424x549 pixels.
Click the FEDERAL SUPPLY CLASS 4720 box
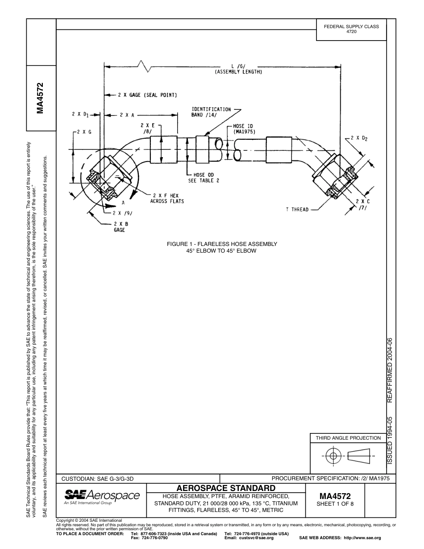351,29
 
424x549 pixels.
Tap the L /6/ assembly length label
238,69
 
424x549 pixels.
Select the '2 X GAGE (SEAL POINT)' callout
147,95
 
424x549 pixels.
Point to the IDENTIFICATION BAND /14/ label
212,112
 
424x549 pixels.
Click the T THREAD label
297,209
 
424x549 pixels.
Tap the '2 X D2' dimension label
359,138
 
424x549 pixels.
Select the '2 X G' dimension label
83,132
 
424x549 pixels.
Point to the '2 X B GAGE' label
119,226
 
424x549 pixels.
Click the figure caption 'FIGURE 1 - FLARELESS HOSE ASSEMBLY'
222,244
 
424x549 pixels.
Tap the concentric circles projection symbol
333,456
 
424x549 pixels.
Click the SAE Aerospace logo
102,496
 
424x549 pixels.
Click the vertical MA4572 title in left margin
41,98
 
